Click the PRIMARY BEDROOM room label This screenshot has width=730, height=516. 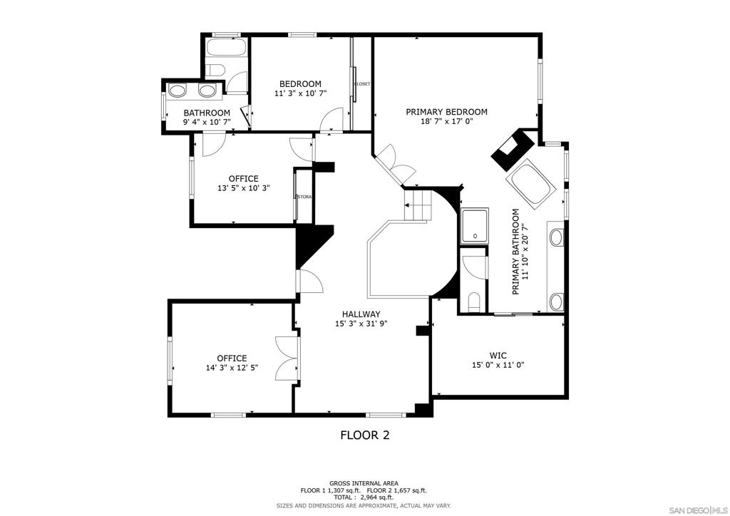click(446, 112)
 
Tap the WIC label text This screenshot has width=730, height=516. click(498, 356)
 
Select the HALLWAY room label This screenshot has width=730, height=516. click(361, 314)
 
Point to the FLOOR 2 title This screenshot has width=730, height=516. click(365, 435)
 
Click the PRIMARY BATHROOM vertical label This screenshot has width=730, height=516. click(515, 252)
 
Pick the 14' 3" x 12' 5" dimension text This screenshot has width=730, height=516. click(232, 368)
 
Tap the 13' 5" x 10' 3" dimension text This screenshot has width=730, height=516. click(244, 188)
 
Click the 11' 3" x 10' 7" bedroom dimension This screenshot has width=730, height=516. click(300, 93)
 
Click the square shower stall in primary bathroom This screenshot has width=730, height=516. click(474, 226)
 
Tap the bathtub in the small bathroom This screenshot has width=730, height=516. click(226, 48)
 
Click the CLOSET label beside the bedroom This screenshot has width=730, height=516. click(363, 84)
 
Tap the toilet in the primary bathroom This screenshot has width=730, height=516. click(474, 301)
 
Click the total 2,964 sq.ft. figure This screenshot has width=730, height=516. click(364, 497)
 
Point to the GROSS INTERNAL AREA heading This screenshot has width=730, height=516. click(364, 483)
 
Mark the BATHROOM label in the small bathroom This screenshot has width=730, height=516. click(207, 113)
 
